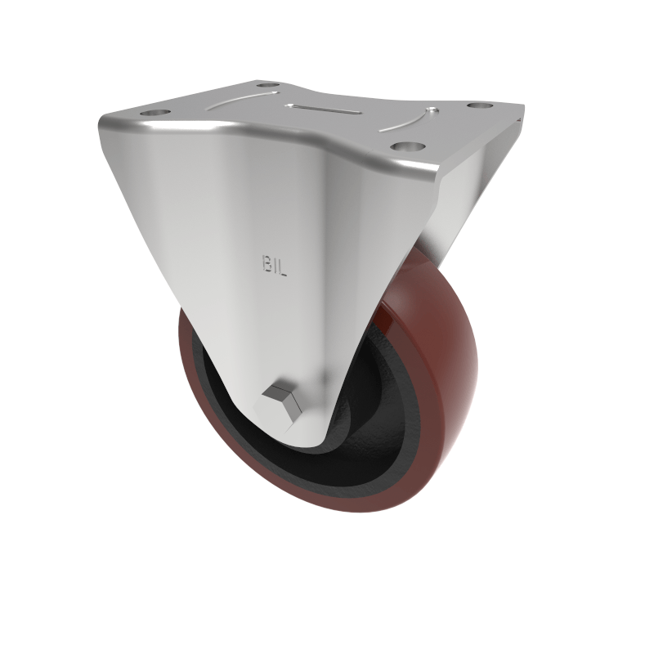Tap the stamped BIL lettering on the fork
[x=275, y=265]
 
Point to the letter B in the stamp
[x=267, y=265]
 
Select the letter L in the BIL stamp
[x=283, y=265]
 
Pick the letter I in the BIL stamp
[x=275, y=265]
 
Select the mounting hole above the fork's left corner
[x=154, y=112]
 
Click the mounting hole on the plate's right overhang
[x=477, y=106]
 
